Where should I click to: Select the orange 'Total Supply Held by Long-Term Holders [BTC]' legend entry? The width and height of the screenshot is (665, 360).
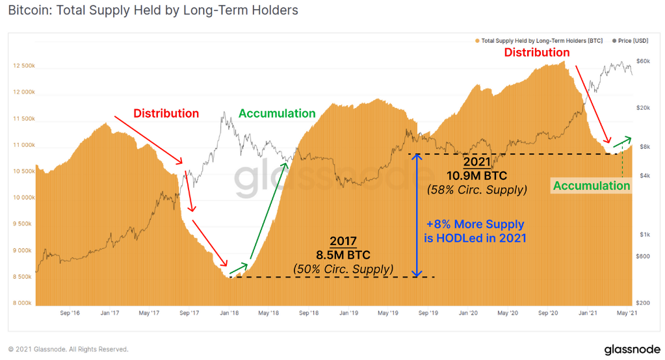click(x=541, y=41)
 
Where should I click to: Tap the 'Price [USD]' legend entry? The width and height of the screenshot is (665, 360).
click(x=632, y=41)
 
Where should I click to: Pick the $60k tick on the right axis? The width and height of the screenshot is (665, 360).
click(x=643, y=62)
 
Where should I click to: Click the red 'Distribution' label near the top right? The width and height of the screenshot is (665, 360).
click(x=537, y=52)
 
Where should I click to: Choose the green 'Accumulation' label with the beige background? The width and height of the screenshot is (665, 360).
click(x=592, y=186)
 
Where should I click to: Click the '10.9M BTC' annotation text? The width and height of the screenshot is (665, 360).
click(x=476, y=175)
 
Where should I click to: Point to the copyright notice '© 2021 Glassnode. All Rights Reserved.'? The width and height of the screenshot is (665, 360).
click(x=68, y=349)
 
